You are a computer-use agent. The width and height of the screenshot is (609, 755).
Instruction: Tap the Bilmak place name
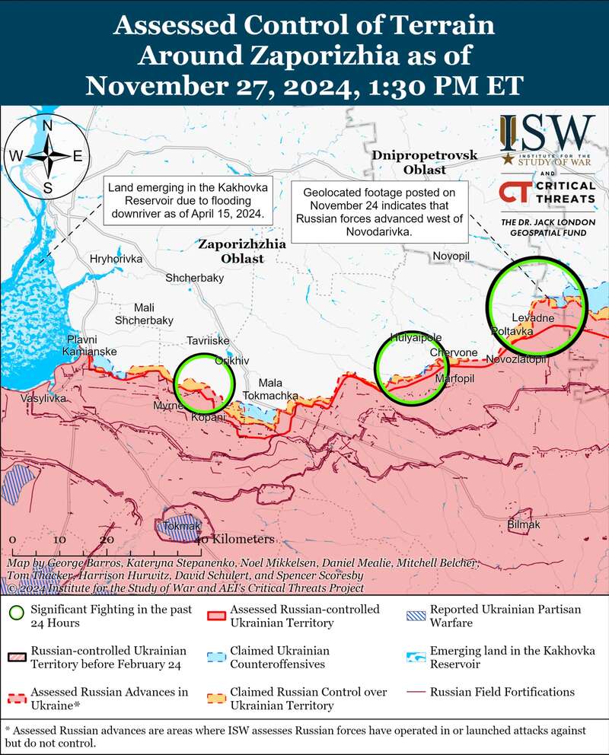click(x=524, y=525)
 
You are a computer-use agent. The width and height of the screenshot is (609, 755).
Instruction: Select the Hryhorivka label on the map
click(x=116, y=259)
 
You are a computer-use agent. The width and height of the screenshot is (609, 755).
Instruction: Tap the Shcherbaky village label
click(x=194, y=279)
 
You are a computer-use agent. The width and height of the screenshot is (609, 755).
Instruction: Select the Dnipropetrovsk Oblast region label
click(x=425, y=162)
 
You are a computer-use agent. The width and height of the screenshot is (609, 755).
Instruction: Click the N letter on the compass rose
click(x=47, y=126)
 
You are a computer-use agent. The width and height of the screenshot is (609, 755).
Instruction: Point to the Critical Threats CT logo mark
click(x=515, y=193)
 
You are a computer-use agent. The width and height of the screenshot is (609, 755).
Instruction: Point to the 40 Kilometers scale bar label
click(x=236, y=539)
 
